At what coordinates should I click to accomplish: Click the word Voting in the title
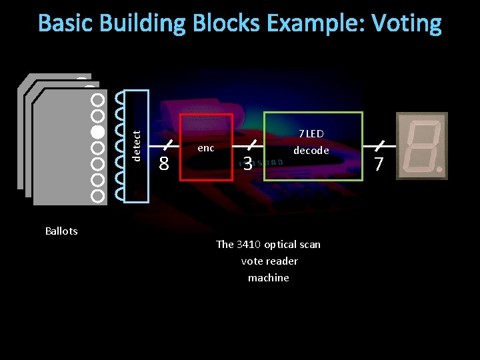coord(406,23)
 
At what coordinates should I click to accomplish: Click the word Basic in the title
coord(66,23)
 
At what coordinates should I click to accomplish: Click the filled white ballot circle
coord(97,131)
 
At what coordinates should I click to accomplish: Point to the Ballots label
coord(61,231)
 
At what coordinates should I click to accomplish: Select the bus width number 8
coord(164,163)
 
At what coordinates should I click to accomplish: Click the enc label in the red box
coord(206,148)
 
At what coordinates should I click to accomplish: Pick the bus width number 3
coord(247,163)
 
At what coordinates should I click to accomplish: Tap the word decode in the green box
coord(311,151)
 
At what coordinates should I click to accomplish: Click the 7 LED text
coord(311,134)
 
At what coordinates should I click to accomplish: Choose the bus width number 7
coord(379,163)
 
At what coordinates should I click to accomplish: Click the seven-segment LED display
coord(421,145)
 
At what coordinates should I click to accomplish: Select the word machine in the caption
coord(269,278)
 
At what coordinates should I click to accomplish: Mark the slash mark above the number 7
coord(379,145)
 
